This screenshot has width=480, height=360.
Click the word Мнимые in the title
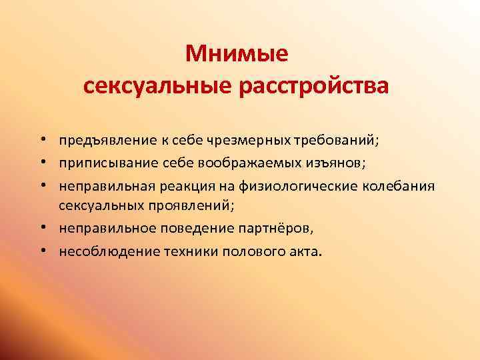237,53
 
